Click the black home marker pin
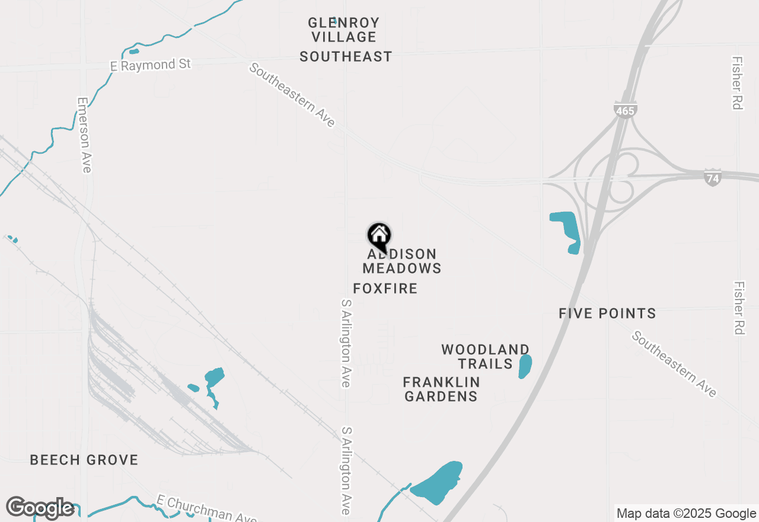pyautogui.click(x=379, y=236)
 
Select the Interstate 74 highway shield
pyautogui.click(x=713, y=177)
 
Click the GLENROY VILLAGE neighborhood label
pyautogui.click(x=343, y=30)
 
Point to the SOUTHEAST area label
pyautogui.click(x=346, y=56)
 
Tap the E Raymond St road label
pyautogui.click(x=151, y=65)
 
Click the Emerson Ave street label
pyautogui.click(x=84, y=135)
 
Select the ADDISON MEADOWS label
pyautogui.click(x=402, y=261)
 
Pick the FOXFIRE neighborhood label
pyautogui.click(x=385, y=289)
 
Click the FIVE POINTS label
pyautogui.click(x=607, y=313)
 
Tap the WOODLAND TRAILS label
pyautogui.click(x=485, y=357)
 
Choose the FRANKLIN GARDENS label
pyautogui.click(x=441, y=389)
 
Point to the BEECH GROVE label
pyautogui.click(x=84, y=460)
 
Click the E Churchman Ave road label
pyautogui.click(x=207, y=509)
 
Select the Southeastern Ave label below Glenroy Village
pyautogui.click(x=292, y=95)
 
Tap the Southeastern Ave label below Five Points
pyautogui.click(x=674, y=364)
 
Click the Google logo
pyautogui.click(x=40, y=508)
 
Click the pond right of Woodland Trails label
pyautogui.click(x=525, y=366)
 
